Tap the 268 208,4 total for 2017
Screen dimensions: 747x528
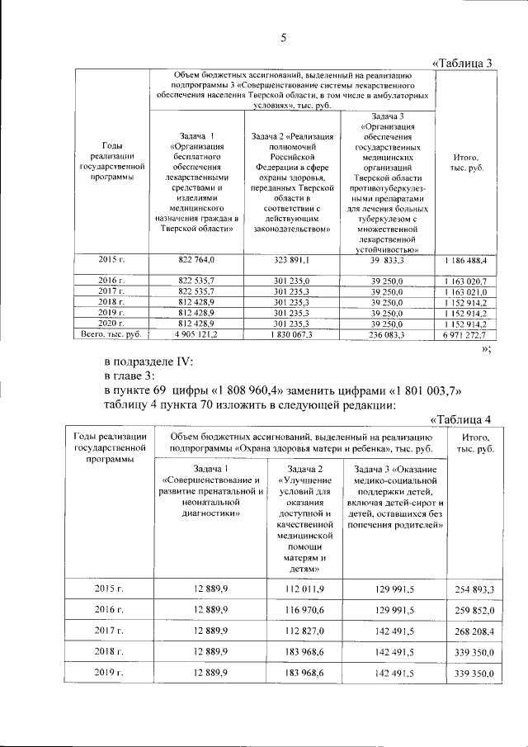click(474, 631)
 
